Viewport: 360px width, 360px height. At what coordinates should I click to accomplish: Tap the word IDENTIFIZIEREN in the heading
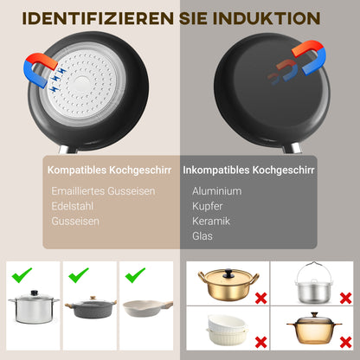(x=86, y=17)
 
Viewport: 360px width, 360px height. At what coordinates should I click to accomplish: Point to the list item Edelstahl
(x=73, y=206)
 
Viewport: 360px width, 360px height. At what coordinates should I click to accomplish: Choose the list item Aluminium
(x=217, y=190)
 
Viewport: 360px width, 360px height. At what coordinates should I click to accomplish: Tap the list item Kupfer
(x=209, y=206)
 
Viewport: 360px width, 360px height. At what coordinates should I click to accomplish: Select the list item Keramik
(x=210, y=221)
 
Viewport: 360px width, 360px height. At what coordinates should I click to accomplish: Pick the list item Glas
(x=202, y=235)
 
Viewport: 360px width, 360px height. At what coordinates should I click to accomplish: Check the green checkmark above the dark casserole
(x=78, y=275)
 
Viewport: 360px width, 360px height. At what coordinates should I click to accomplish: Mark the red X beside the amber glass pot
(x=344, y=341)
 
